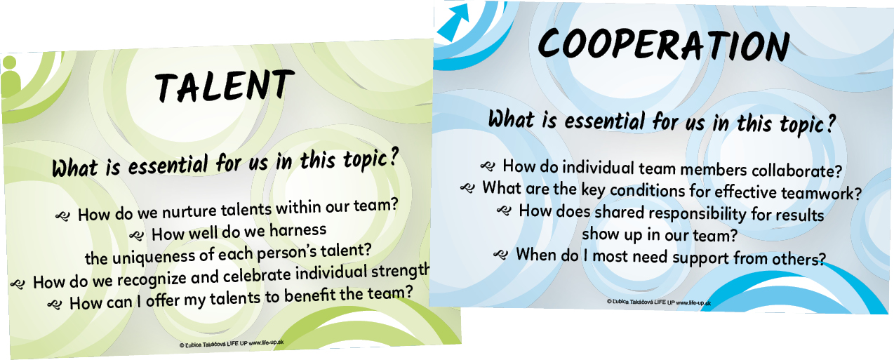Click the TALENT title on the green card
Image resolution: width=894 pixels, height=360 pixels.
tap(225, 86)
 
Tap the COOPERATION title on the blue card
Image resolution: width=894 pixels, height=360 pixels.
tap(664, 44)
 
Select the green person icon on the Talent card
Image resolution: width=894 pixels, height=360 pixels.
tap(11, 76)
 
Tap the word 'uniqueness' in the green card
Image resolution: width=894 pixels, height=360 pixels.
tap(155, 257)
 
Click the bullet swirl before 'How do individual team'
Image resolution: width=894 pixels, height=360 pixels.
tap(488, 166)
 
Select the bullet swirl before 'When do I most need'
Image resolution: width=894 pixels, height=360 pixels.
tap(500, 254)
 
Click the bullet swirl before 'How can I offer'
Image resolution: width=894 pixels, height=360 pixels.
tap(55, 305)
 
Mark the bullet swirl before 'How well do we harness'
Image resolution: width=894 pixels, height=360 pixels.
tap(137, 236)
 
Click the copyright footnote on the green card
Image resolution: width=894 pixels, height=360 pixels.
tap(232, 344)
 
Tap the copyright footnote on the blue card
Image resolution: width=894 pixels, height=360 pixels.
tap(659, 302)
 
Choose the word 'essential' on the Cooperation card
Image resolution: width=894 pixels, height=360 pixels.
tap(605, 121)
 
